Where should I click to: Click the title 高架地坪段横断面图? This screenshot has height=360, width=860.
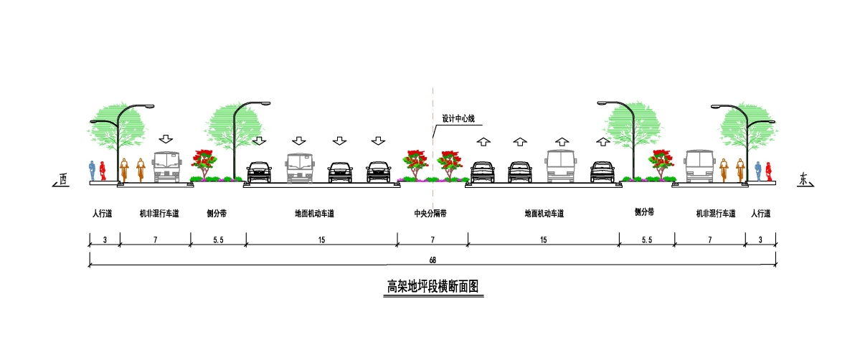(433, 286)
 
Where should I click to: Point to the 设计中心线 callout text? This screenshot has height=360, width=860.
(458, 118)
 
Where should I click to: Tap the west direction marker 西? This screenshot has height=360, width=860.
(62, 179)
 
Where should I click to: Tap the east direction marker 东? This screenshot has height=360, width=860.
(803, 179)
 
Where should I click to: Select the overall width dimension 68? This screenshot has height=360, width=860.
(433, 260)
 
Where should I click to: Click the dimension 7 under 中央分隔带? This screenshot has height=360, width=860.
(433, 240)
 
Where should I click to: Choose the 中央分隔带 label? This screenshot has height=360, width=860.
(430, 214)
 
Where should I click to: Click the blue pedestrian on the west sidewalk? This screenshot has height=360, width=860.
(93, 171)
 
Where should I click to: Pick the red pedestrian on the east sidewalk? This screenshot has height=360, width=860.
(769, 171)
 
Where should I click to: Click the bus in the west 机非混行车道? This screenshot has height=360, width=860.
(167, 167)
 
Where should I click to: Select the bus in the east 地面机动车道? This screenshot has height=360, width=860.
(560, 166)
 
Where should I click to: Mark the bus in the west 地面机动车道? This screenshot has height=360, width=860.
(299, 167)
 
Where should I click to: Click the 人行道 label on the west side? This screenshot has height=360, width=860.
(103, 214)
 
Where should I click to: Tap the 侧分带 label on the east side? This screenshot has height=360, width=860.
(644, 212)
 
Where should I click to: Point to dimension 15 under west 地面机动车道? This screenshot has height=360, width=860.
(321, 240)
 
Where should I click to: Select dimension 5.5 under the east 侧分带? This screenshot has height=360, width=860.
(647, 240)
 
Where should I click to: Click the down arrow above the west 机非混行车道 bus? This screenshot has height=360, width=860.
(166, 139)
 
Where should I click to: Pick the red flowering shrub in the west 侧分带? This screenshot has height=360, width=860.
(204, 163)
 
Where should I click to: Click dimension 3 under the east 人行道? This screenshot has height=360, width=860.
(760, 240)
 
